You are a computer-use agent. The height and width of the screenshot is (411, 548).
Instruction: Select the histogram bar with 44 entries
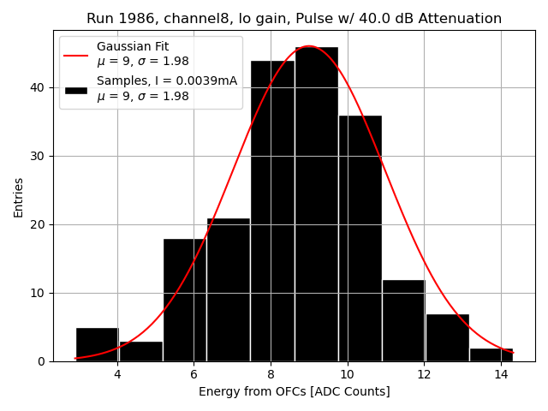click(272, 211)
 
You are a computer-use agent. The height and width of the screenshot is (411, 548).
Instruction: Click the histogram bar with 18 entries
click(184, 300)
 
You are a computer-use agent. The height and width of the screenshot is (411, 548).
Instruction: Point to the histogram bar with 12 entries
click(403, 320)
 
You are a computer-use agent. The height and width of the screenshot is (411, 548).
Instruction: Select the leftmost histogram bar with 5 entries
click(97, 344)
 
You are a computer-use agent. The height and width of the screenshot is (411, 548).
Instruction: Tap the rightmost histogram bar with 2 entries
click(491, 354)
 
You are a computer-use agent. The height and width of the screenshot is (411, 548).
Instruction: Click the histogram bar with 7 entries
click(447, 337)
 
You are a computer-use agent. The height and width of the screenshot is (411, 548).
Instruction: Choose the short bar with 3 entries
click(140, 351)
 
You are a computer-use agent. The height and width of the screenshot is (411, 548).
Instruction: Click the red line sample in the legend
click(75, 54)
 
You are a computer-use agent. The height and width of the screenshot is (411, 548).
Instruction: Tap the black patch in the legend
click(75, 89)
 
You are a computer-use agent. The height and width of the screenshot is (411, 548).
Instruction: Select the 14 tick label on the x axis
click(501, 373)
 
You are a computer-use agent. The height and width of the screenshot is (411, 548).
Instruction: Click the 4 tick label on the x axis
click(117, 373)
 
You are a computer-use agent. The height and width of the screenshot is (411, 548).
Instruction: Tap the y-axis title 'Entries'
click(19, 198)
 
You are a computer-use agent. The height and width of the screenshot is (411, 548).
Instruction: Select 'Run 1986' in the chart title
click(116, 19)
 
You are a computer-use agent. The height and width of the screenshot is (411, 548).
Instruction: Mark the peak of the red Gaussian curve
click(309, 46)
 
